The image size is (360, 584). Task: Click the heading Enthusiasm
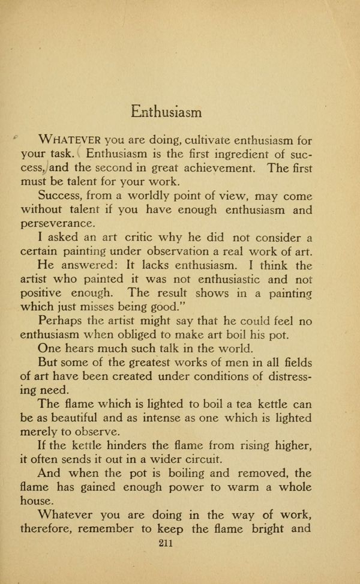pos(166,112)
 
